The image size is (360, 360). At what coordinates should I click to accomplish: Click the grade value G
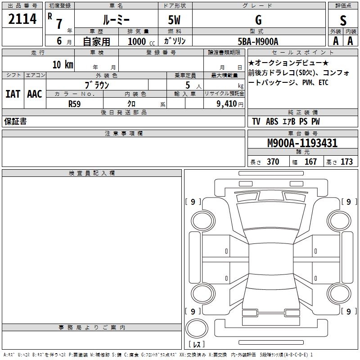(x=258, y=20)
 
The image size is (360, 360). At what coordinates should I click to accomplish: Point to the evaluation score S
(x=343, y=20)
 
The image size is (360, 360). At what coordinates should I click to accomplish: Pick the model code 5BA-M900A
(x=258, y=41)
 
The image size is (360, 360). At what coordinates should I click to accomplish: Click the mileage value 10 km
(x=63, y=64)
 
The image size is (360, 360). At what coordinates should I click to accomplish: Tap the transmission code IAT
(x=13, y=94)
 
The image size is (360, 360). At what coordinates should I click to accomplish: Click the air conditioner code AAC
(x=34, y=94)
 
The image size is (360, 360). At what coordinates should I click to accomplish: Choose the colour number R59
(x=74, y=103)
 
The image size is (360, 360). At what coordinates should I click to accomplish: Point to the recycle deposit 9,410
(x=227, y=104)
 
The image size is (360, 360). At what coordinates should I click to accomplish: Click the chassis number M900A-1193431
(x=302, y=143)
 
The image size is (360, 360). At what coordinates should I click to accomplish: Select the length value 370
(x=273, y=162)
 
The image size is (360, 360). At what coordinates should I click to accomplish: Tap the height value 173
(x=346, y=162)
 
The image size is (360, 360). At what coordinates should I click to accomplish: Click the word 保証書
(x=15, y=121)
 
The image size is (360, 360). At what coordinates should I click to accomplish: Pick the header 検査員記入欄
(x=92, y=173)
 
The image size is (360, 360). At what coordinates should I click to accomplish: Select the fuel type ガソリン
(x=174, y=41)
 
